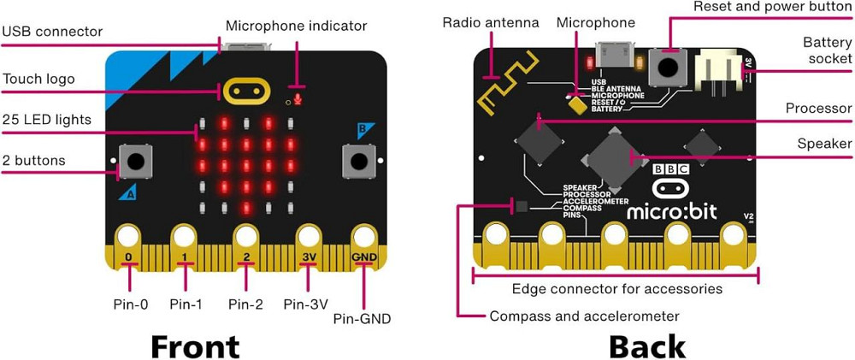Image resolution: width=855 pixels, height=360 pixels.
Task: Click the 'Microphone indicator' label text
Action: click(x=296, y=26)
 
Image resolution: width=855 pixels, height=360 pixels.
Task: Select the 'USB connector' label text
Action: click(x=52, y=32)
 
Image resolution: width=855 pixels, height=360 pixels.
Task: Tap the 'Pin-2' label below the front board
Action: click(x=246, y=304)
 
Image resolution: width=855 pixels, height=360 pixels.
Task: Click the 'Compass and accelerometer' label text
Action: click(x=584, y=316)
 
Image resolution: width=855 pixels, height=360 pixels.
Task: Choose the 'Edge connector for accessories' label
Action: click(x=616, y=289)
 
